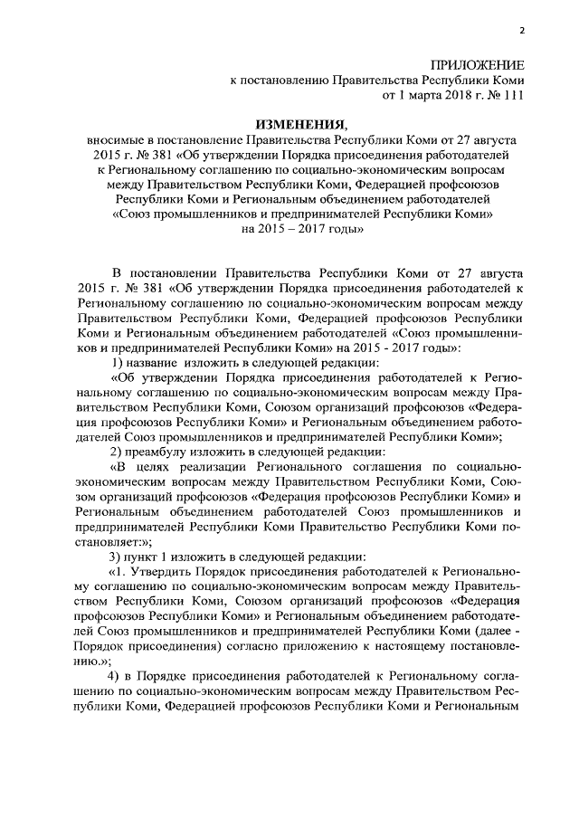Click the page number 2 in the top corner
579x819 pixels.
tap(522, 32)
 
